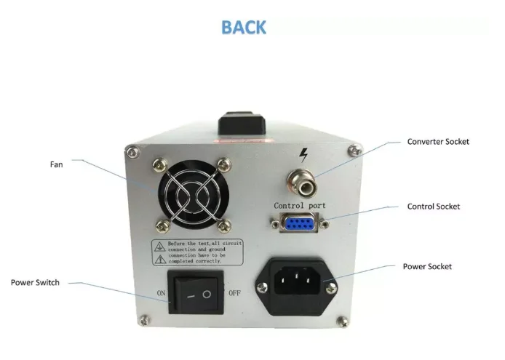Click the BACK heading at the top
[x=244, y=28]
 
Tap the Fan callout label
[x=56, y=164]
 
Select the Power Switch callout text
[x=35, y=282]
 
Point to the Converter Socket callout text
[x=438, y=142]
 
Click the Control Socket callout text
[x=434, y=207]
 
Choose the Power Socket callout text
[x=427, y=267]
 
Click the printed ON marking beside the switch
[x=161, y=293]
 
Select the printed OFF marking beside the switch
[x=234, y=293]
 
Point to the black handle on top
[x=247, y=122]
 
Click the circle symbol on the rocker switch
[x=207, y=295]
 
